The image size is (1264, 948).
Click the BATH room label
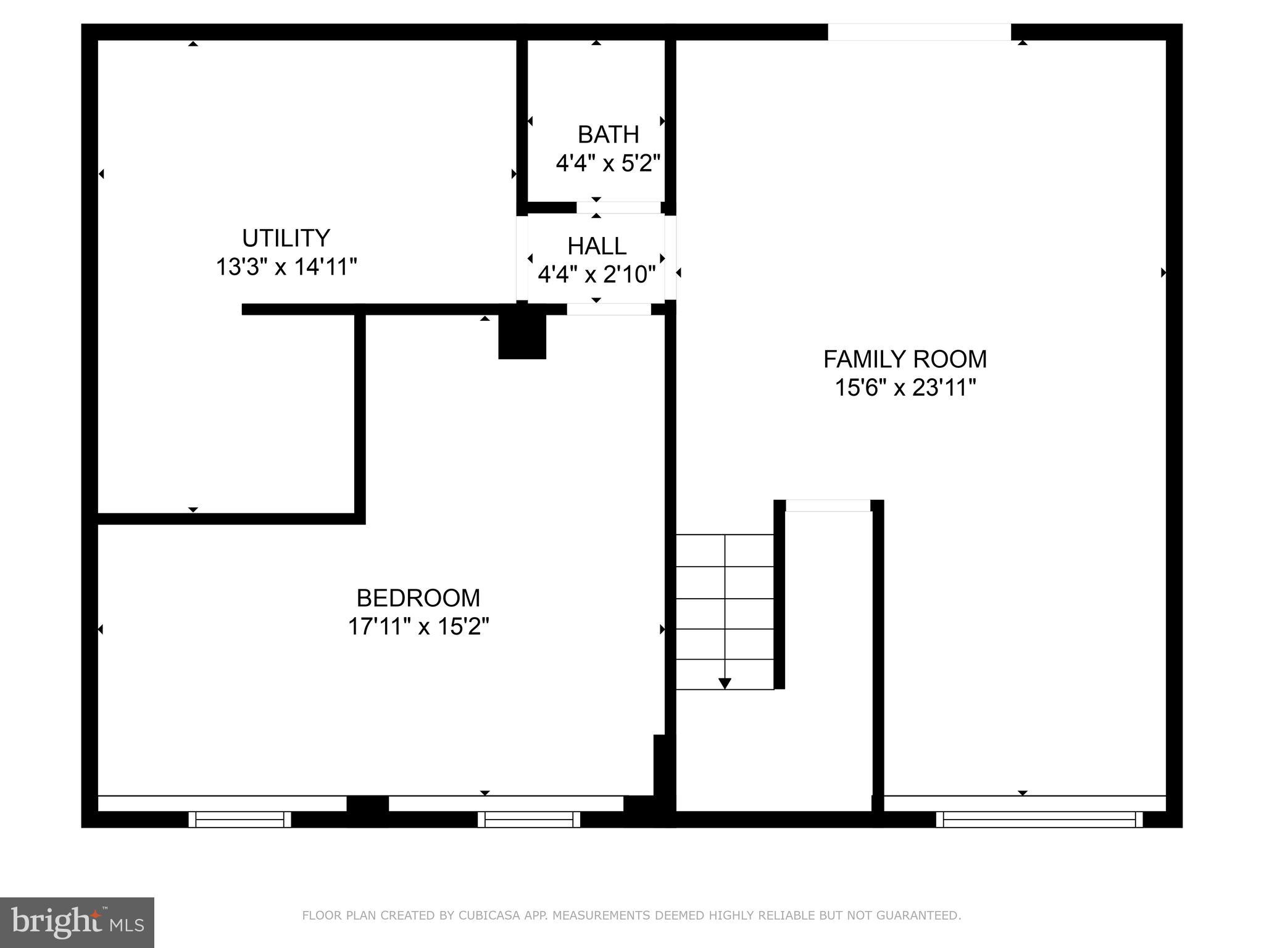(608, 135)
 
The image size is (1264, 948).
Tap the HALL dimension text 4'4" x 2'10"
(596, 274)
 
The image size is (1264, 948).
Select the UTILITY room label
(286, 238)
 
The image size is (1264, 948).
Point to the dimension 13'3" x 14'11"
(286, 267)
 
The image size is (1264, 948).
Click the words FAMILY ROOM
(905, 359)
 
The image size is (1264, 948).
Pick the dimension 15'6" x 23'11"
(905, 388)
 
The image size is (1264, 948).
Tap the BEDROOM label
(418, 598)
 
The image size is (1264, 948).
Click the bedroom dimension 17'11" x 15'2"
(418, 627)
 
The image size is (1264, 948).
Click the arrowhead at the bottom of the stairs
(725, 683)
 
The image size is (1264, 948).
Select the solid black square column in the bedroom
(522, 337)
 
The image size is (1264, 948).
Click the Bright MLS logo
(77, 922)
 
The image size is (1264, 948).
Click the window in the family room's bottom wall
(1039, 819)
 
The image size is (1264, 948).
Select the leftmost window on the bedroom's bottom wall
(239, 819)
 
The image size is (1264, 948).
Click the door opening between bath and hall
(618, 207)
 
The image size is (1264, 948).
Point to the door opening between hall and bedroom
(609, 309)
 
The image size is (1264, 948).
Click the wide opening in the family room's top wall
(919, 32)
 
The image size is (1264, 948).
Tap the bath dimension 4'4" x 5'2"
(608, 164)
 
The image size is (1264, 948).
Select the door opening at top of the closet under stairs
(828, 505)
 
